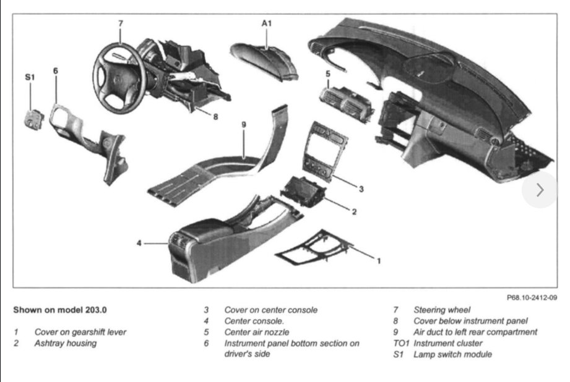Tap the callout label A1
(x=267, y=23)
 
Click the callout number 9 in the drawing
(x=243, y=124)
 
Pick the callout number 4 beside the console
(x=139, y=243)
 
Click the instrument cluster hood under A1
(x=264, y=61)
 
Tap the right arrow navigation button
(x=539, y=190)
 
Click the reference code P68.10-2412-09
(x=532, y=297)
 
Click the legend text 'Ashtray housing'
(x=65, y=343)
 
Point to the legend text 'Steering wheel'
(x=442, y=310)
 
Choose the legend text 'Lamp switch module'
(x=452, y=354)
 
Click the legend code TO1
(x=401, y=343)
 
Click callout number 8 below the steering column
(x=215, y=116)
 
